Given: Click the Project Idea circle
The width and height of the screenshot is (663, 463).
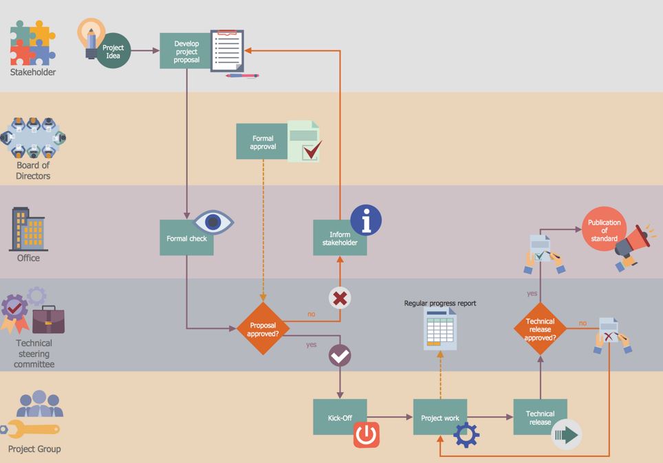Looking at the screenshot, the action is [113, 51].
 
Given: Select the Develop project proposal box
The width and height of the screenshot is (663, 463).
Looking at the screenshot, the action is [186, 51].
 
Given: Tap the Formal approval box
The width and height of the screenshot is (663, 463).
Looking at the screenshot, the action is [262, 142].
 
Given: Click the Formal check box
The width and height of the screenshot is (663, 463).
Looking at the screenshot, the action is [186, 238].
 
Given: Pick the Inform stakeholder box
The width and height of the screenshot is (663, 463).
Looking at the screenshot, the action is [340, 238].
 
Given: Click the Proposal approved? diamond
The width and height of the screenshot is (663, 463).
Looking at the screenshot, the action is [263, 328].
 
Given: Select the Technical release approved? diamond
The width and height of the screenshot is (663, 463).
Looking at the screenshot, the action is [540, 328].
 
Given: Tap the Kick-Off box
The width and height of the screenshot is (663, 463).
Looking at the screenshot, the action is [340, 417].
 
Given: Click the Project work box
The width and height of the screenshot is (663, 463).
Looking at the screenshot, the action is [439, 417].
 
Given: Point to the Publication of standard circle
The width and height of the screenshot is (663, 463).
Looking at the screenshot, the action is [605, 229].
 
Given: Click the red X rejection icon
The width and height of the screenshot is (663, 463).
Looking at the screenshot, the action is [340, 298].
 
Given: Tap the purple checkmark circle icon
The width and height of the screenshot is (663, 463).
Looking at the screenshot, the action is [340, 356].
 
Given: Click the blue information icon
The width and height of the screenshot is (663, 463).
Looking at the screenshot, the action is [366, 220].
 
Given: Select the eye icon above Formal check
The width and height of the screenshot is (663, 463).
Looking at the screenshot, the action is [213, 222].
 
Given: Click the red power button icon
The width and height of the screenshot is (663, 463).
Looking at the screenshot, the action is [366, 434].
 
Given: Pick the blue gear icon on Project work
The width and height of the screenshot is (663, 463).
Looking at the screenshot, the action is [466, 435].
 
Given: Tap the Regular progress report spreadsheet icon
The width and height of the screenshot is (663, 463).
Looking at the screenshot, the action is [440, 329].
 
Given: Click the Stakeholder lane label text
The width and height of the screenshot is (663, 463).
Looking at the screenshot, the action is [33, 72].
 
